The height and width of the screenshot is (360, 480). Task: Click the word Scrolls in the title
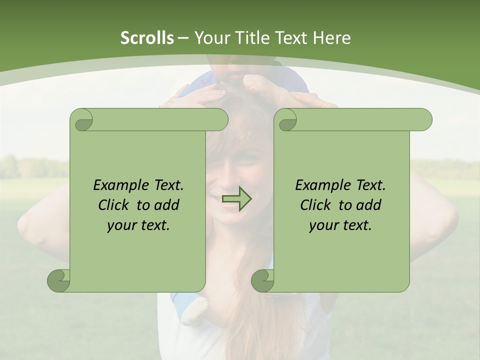[x=147, y=38]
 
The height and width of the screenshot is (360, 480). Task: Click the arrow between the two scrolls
[x=236, y=198]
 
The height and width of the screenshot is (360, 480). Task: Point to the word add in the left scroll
[x=167, y=205]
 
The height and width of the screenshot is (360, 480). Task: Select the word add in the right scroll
[x=369, y=205]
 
